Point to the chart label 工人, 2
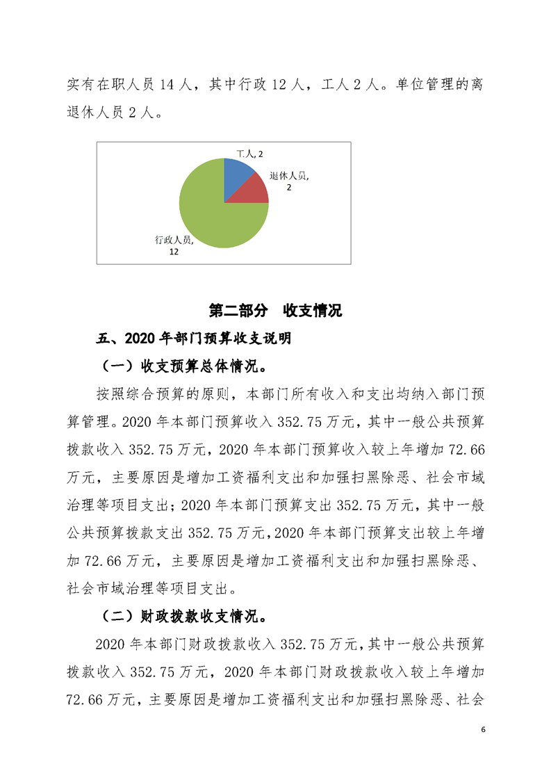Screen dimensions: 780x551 (248, 152)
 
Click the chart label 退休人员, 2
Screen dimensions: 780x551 (289, 182)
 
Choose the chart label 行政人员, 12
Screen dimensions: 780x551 (174, 245)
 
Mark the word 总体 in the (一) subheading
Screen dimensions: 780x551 (220, 366)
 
